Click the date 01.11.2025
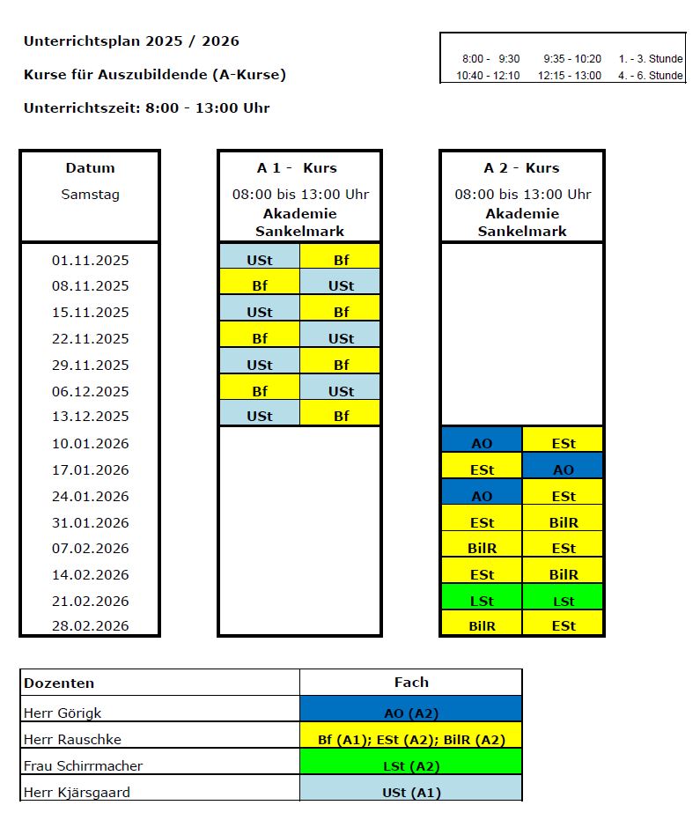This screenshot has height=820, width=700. tap(90, 260)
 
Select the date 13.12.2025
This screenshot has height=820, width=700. tap(90, 416)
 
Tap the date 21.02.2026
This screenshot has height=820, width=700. tap(90, 601)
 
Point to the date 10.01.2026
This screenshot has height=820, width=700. tap(90, 443)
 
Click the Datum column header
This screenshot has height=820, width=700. tap(90, 168)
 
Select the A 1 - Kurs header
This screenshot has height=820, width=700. tap(300, 168)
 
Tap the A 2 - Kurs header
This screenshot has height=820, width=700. tap(521, 168)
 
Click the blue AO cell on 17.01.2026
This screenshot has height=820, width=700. tap(563, 469)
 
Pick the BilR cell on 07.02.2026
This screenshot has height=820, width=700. tap(482, 548)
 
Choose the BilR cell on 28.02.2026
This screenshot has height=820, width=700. tap(482, 626)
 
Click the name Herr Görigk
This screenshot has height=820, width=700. tap(62, 713)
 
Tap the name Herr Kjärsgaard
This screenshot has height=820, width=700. tap(77, 792)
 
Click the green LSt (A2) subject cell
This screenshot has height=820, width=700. tap(411, 766)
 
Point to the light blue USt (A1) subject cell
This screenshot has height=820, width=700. tap(411, 793)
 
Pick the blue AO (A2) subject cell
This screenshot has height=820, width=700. tap(411, 713)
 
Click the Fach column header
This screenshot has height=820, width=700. tap(411, 682)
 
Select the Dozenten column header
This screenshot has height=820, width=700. tap(59, 683)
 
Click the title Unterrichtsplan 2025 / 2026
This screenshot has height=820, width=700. tap(131, 41)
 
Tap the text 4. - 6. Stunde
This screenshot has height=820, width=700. tap(651, 76)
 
